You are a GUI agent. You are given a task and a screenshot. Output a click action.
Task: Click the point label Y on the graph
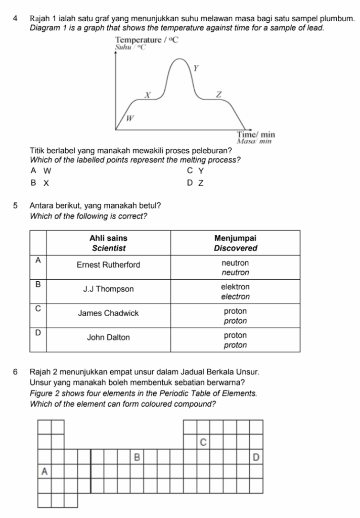point(196,68)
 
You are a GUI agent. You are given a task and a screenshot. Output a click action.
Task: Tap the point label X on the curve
point(148,95)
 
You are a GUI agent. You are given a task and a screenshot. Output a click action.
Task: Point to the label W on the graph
point(129,118)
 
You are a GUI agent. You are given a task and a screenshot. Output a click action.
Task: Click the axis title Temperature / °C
point(147,39)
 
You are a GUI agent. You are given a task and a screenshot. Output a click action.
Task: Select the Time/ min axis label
point(256,135)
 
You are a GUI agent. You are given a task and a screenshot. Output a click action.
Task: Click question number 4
point(17,18)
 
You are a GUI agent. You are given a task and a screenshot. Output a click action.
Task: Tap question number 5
point(17,206)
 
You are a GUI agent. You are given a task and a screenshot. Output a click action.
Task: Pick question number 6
point(17,372)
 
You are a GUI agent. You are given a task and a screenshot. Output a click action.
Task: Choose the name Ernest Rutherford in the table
point(108,265)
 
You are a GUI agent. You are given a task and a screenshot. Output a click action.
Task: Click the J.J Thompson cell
point(108,289)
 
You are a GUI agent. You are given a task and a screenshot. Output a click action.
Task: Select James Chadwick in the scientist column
point(108,313)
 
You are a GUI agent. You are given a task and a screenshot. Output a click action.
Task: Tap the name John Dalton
point(108,337)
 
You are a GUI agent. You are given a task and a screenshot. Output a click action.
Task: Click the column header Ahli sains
point(108,238)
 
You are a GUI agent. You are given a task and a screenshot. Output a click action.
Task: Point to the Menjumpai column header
point(236,238)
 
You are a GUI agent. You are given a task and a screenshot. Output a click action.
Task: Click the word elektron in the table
point(236,286)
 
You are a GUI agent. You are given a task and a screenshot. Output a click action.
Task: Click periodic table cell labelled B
point(136,457)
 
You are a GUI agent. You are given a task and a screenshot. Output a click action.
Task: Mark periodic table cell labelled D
point(256,457)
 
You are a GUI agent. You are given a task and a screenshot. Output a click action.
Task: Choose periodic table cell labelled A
point(44,471)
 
